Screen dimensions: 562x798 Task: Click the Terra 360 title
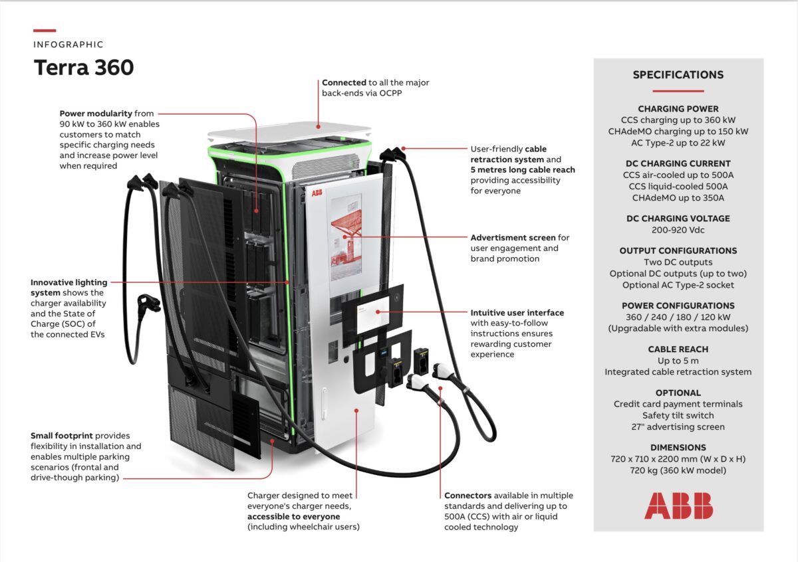click(x=84, y=67)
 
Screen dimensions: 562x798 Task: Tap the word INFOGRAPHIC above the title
click(x=68, y=45)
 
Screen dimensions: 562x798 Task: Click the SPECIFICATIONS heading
click(x=678, y=75)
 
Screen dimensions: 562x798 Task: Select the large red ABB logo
click(x=678, y=506)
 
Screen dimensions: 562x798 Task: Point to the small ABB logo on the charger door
click(x=317, y=193)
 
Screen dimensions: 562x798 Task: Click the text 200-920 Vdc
click(x=678, y=230)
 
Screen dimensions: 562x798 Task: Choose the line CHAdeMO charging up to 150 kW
click(x=678, y=132)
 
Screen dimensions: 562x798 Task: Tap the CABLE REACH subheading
click(x=678, y=349)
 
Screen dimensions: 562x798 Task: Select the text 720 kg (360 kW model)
click(x=678, y=470)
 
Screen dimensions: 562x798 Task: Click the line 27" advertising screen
click(x=678, y=426)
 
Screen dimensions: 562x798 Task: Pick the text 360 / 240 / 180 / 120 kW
click(x=678, y=317)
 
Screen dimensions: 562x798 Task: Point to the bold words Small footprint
click(x=62, y=436)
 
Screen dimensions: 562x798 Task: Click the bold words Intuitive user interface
click(x=517, y=312)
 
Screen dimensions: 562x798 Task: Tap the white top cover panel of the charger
click(x=289, y=132)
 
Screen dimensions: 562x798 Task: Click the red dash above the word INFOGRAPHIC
click(x=44, y=31)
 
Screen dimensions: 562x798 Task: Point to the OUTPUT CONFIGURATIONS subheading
click(x=678, y=251)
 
